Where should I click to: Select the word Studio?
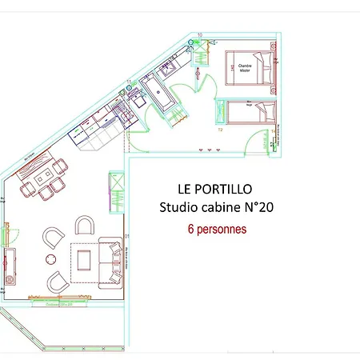(x=180, y=209)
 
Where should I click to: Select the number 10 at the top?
(x=200, y=35)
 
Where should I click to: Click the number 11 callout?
(x=129, y=82)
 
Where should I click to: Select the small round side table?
(x=51, y=258)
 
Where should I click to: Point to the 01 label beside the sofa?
(x=126, y=236)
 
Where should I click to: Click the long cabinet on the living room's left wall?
(x=11, y=266)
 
